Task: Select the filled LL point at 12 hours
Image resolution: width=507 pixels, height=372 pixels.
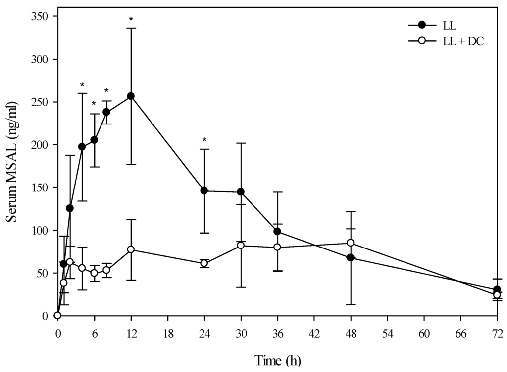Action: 131,96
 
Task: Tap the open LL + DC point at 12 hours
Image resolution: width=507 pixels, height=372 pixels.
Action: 131,249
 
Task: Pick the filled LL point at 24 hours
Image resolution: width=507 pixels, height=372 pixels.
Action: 204,190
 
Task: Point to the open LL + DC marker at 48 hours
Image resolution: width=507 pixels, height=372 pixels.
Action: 351,243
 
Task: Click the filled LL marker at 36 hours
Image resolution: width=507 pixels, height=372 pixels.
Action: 277,232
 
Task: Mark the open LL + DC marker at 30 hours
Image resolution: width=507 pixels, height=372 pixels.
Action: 241,245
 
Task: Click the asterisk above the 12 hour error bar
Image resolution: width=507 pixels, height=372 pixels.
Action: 131,20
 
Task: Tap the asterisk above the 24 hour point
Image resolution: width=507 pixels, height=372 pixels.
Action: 204,140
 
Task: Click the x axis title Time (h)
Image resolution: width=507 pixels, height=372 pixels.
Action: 277,359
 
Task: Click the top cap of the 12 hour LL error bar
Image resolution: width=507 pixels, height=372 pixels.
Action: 131,28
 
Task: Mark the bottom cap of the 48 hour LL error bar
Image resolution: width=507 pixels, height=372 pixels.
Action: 351,304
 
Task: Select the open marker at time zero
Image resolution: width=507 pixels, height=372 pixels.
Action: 57,315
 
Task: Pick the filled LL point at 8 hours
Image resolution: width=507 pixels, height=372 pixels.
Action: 106,112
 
